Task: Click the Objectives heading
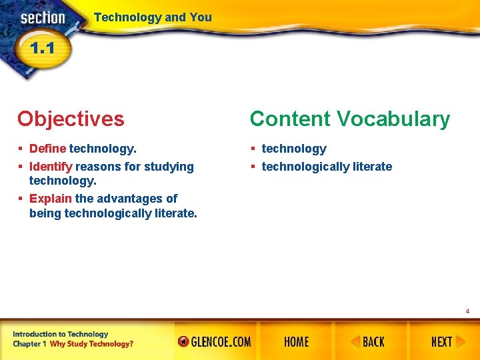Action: click(x=71, y=119)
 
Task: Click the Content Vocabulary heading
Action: click(x=349, y=119)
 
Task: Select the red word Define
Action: click(x=47, y=149)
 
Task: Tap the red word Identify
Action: click(x=51, y=167)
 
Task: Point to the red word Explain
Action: click(x=51, y=198)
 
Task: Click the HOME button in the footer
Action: click(x=296, y=342)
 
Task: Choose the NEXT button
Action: click(x=441, y=342)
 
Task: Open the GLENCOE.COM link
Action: click(x=215, y=342)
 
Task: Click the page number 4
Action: click(x=467, y=311)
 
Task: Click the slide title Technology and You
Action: click(x=153, y=17)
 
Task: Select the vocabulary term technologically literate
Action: click(x=327, y=167)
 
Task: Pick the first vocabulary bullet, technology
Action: click(x=294, y=149)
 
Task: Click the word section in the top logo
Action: click(x=42, y=18)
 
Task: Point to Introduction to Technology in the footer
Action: click(x=60, y=334)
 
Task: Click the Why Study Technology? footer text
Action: click(x=91, y=344)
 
